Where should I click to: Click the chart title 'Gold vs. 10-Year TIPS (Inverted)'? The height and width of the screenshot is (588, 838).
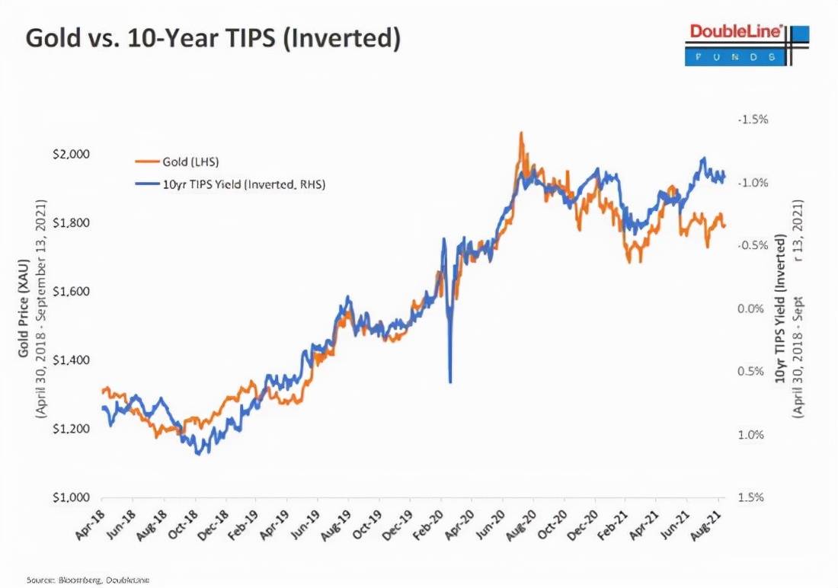(x=213, y=39)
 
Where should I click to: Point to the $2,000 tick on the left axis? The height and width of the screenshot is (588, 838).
(x=71, y=155)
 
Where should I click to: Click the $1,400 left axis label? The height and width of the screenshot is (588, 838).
(x=71, y=360)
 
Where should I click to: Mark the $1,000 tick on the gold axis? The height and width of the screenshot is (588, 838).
(x=71, y=497)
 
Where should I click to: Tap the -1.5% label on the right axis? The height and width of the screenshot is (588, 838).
(x=752, y=120)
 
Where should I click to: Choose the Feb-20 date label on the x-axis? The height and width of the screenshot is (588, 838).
(x=436, y=526)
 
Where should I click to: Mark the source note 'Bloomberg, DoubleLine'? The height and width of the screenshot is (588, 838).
(x=88, y=580)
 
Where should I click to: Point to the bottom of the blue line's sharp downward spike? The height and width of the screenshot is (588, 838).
(x=450, y=382)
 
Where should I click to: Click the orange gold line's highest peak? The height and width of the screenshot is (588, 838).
(x=521, y=133)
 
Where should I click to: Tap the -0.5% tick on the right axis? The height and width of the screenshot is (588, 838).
(x=753, y=246)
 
